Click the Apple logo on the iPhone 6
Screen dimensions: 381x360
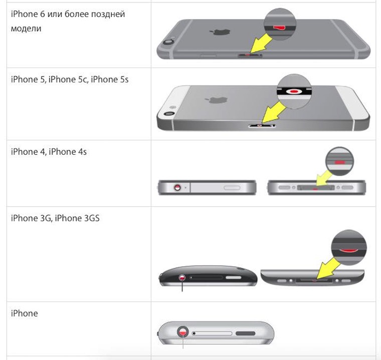[220, 32]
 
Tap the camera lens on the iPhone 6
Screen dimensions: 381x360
[168, 42]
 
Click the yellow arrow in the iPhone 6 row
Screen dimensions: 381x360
[261, 43]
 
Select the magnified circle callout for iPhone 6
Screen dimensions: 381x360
[280, 24]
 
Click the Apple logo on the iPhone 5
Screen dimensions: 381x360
[216, 100]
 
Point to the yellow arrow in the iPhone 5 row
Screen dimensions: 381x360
[274, 112]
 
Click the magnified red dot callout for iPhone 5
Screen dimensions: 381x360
[294, 91]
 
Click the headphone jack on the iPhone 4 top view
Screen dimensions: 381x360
[177, 187]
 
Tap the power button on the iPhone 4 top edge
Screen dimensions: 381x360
[232, 188]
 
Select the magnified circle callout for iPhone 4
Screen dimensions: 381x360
[339, 161]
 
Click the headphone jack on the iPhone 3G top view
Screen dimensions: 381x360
[182, 278]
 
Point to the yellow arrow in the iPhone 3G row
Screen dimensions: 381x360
[328, 268]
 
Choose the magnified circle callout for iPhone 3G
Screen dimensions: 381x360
[349, 247]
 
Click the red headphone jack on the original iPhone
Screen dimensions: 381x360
[182, 331]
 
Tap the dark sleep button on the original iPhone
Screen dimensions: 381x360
[246, 333]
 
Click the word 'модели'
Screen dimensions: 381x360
[26, 29]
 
